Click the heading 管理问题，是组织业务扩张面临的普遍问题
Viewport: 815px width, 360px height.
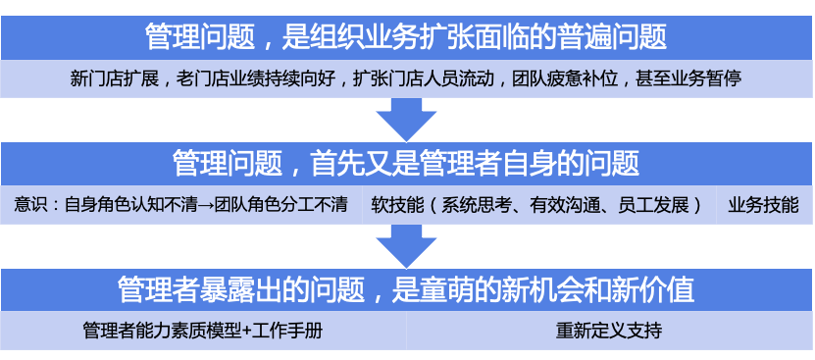pyautogui.click(x=406, y=37)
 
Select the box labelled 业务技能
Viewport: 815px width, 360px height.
pyautogui.click(x=763, y=206)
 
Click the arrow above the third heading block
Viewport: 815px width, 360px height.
pyautogui.click(x=406, y=245)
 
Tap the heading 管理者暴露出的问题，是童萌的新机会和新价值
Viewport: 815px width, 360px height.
pyautogui.click(x=406, y=289)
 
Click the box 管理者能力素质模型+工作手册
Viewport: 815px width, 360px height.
pyautogui.click(x=203, y=332)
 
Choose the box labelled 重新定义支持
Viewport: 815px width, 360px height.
pyautogui.click(x=609, y=332)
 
